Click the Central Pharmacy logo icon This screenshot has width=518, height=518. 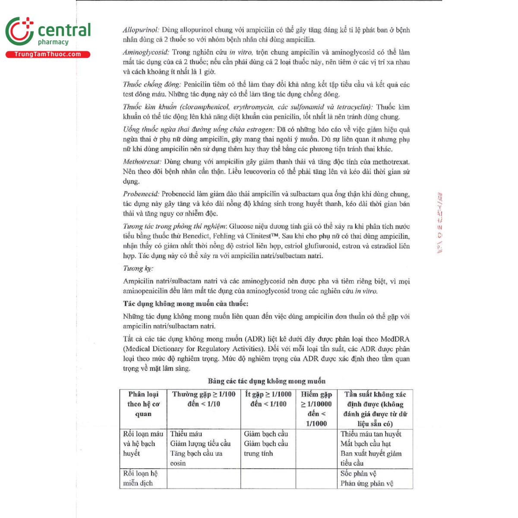coord(19,31)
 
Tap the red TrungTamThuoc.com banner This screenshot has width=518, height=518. coord(47,54)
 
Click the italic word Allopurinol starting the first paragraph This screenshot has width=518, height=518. coord(141,30)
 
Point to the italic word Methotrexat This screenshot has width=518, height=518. coord(142,162)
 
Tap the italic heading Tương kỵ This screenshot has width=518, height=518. coord(138,268)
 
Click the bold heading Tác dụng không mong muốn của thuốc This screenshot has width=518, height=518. coord(186,303)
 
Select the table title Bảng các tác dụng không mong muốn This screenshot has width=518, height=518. coord(266,381)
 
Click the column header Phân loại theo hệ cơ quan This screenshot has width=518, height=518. coord(143,404)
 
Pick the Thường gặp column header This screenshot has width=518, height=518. coord(204,399)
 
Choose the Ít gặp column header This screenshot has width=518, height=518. coord(268,399)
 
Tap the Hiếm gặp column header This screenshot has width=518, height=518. coord(316,408)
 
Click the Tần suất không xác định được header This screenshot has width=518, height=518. coord(375,408)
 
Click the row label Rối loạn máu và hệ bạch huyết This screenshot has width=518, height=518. coord(143,444)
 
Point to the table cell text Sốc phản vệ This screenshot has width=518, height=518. coord(358,474)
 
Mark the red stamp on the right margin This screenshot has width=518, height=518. coord(440,222)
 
